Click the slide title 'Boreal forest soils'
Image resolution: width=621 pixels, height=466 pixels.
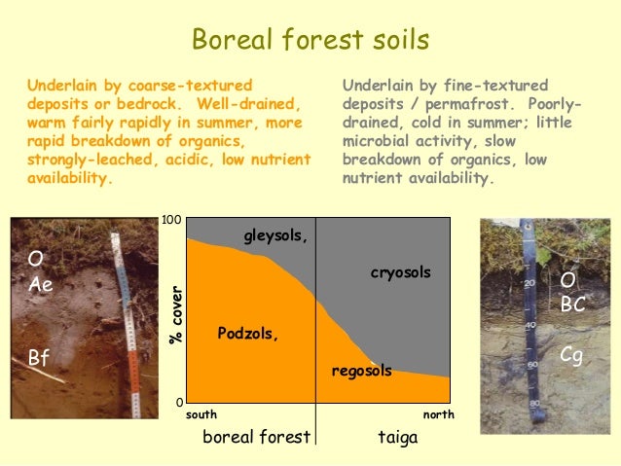point(310,40)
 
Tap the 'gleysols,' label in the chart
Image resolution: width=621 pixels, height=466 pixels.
point(275,235)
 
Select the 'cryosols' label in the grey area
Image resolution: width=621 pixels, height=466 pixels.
point(400,272)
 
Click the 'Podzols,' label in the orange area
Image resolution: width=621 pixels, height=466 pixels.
point(247,334)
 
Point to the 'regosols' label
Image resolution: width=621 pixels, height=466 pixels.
point(361,371)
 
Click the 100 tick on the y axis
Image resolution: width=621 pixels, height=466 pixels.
point(171,221)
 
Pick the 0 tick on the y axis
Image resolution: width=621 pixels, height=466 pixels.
point(178,402)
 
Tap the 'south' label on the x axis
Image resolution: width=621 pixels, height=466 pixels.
point(201,414)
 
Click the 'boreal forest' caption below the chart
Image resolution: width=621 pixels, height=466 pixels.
point(256,437)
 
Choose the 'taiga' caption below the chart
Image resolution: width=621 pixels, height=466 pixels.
point(397,437)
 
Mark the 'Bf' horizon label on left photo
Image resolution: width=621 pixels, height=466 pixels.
point(38,358)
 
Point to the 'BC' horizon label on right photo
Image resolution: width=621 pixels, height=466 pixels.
point(572,304)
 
